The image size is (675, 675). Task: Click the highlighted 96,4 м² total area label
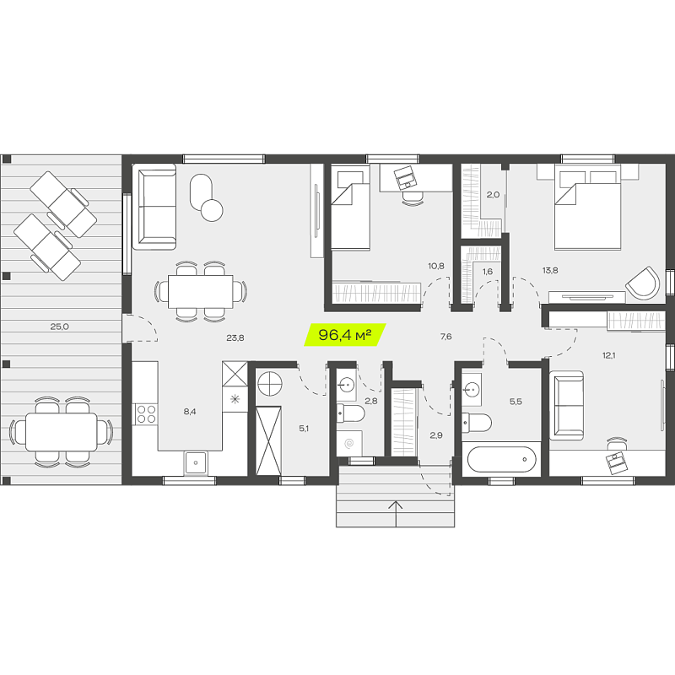coord(345,334)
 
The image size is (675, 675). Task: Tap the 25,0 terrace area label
coord(59,327)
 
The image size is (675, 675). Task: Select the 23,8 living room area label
coord(235,338)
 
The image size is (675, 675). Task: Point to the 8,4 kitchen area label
coord(190,412)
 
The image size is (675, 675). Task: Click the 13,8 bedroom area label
coord(550,270)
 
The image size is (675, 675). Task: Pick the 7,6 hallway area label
coord(446,336)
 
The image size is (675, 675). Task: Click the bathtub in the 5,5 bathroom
coord(501,459)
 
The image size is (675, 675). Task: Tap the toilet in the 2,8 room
coord(350,413)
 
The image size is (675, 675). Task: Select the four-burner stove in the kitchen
coord(145,413)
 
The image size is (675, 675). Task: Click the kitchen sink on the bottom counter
coord(196,462)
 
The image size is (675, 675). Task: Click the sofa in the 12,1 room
coord(566,406)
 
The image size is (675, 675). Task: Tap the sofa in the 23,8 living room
coord(154,207)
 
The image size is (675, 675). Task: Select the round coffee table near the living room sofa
coord(212,210)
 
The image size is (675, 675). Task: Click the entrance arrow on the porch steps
coord(396,514)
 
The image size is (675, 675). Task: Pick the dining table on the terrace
coord(61,432)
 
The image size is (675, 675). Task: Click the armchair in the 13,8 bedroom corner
coord(643,283)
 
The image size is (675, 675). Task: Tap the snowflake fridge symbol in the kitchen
coord(235,399)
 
